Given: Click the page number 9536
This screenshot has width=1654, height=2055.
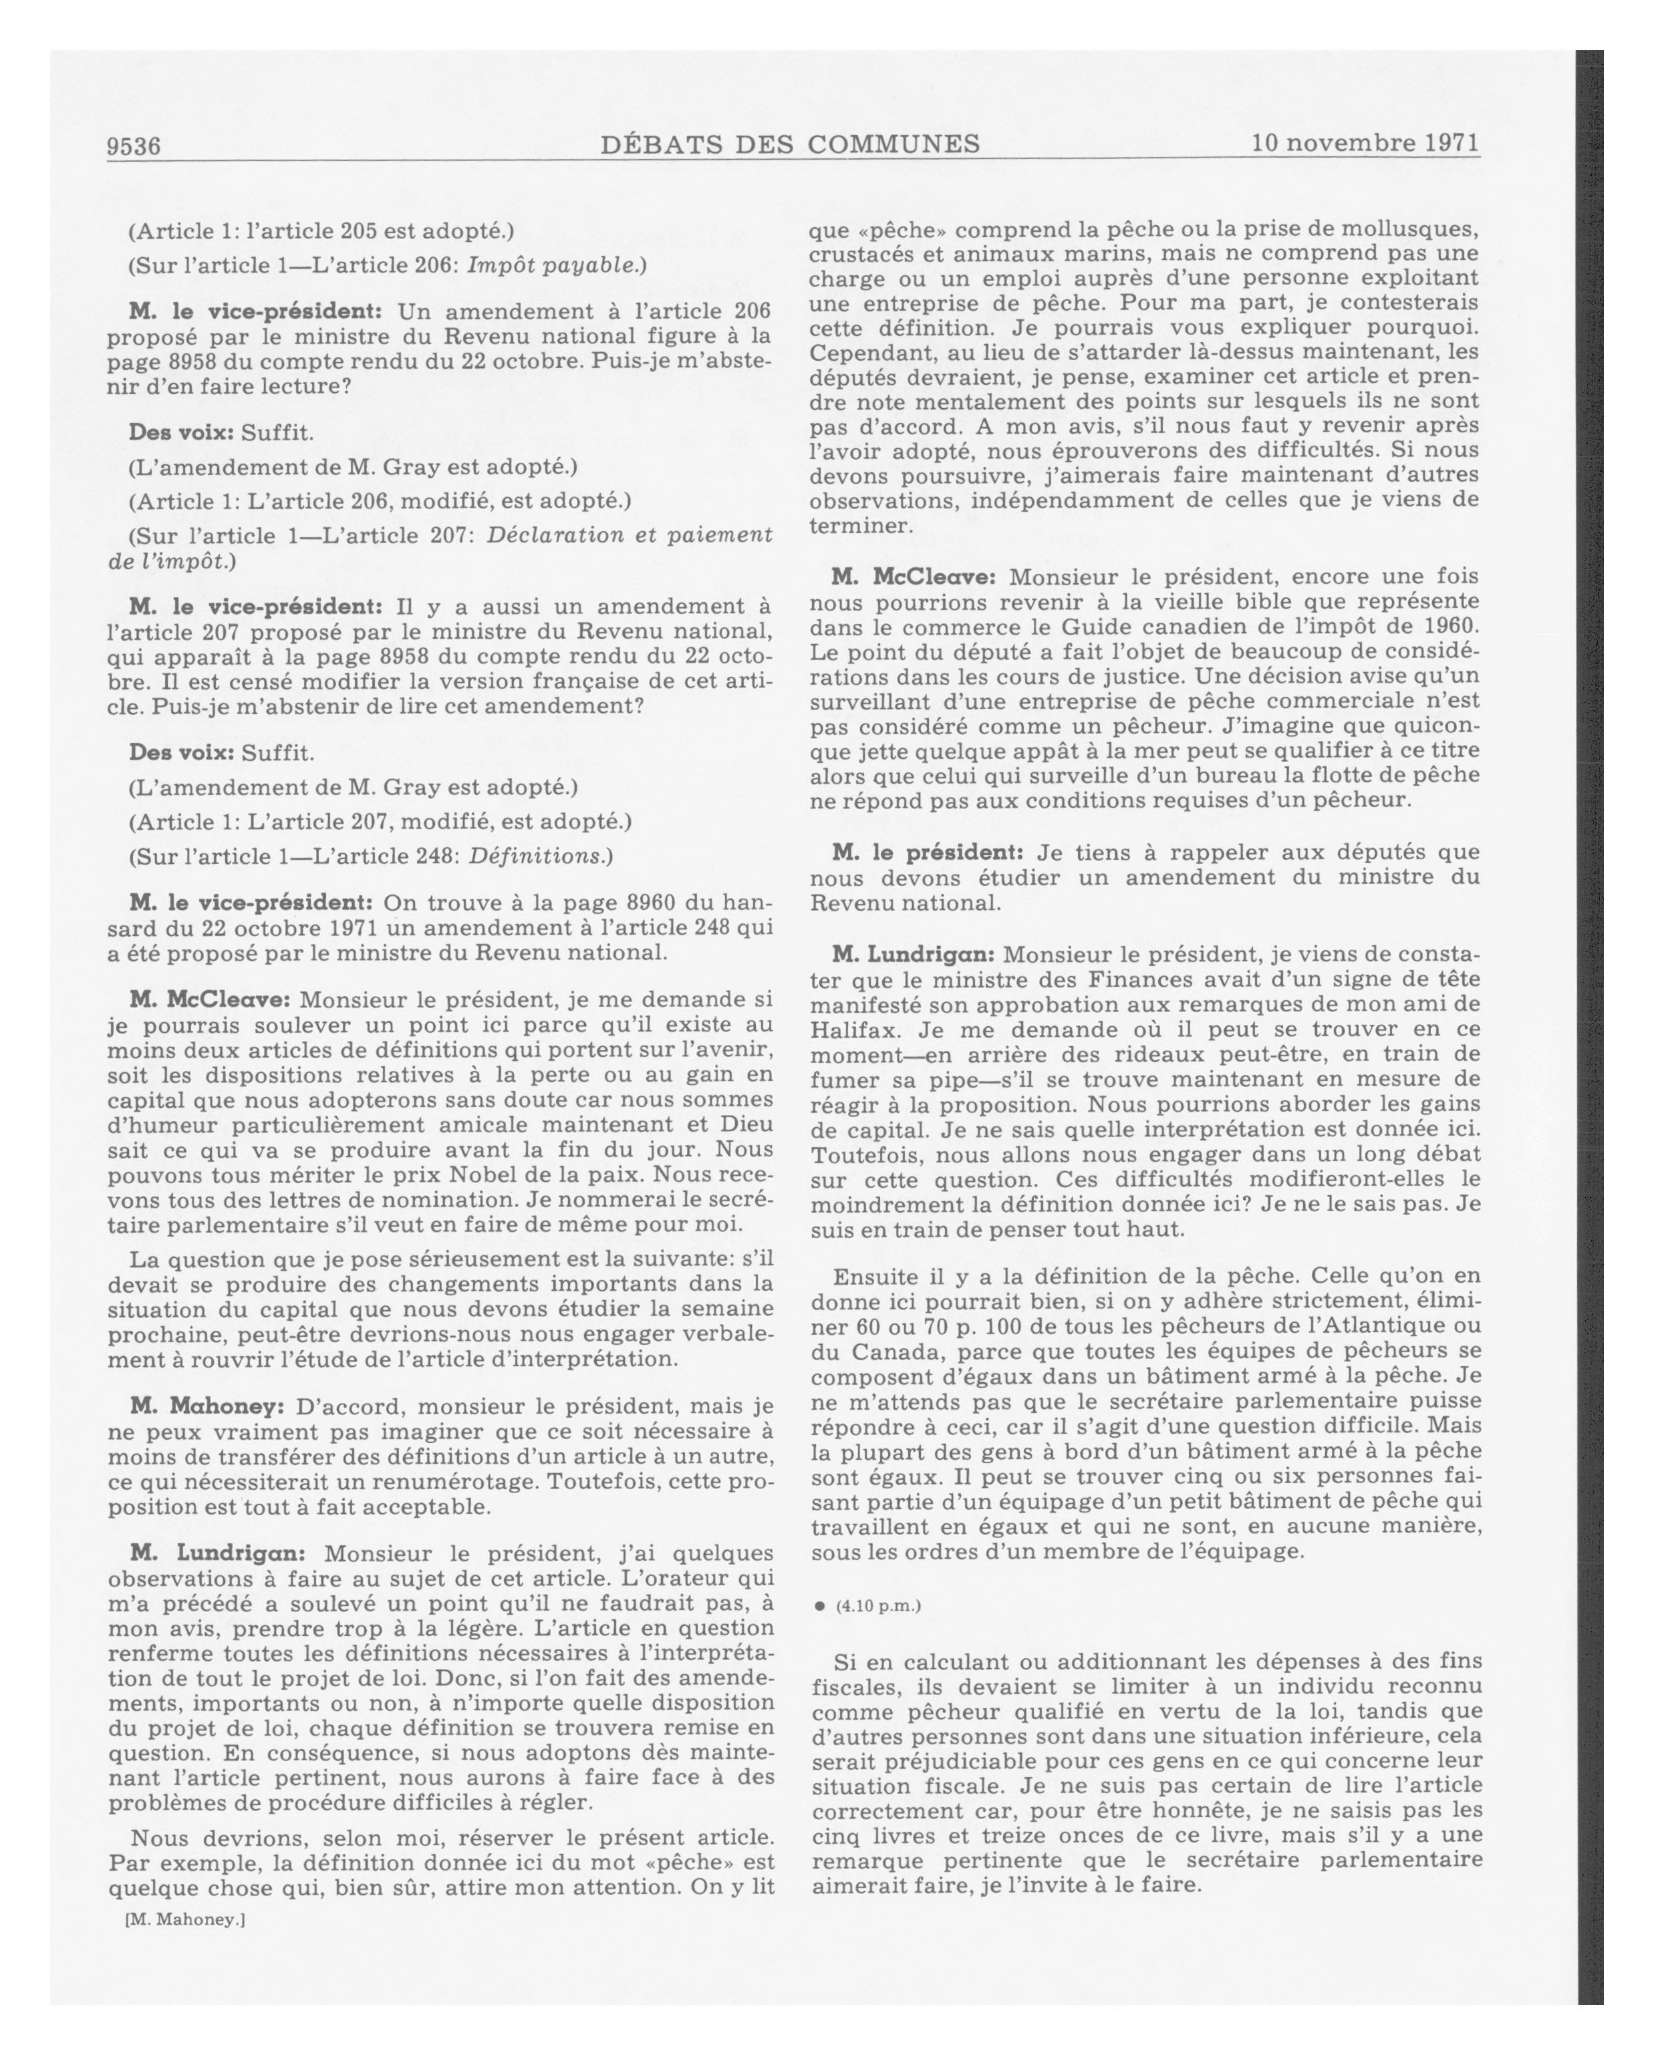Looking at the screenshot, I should click(134, 146).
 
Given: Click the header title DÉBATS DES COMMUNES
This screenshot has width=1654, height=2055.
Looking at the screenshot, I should click(791, 144).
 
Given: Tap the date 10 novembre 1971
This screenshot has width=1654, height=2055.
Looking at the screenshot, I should click(1365, 143).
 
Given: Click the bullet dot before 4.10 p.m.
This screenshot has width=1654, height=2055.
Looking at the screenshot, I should click(819, 1606).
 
